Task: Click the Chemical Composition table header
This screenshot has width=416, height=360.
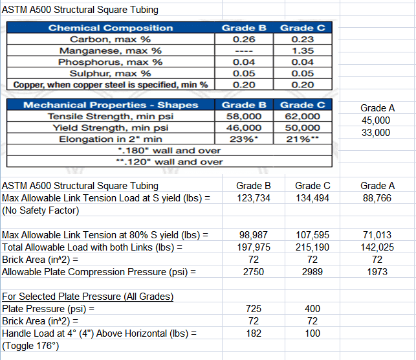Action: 111,28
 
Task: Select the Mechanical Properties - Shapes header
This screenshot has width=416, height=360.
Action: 111,105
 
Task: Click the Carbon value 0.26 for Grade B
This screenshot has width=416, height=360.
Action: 243,39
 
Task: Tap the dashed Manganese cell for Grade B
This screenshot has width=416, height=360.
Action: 243,51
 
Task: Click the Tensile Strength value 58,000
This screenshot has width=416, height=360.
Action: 243,117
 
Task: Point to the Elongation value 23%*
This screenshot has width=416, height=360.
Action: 244,139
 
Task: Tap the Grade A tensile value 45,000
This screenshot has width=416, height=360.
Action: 377,120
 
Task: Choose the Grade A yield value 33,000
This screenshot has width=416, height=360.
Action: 377,132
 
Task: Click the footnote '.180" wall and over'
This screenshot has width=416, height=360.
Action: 168,150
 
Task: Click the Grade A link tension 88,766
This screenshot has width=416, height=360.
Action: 377,198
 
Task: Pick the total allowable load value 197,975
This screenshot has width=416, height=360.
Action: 254,247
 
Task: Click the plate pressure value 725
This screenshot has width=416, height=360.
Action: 254,309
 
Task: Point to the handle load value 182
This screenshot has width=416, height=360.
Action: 254,333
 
